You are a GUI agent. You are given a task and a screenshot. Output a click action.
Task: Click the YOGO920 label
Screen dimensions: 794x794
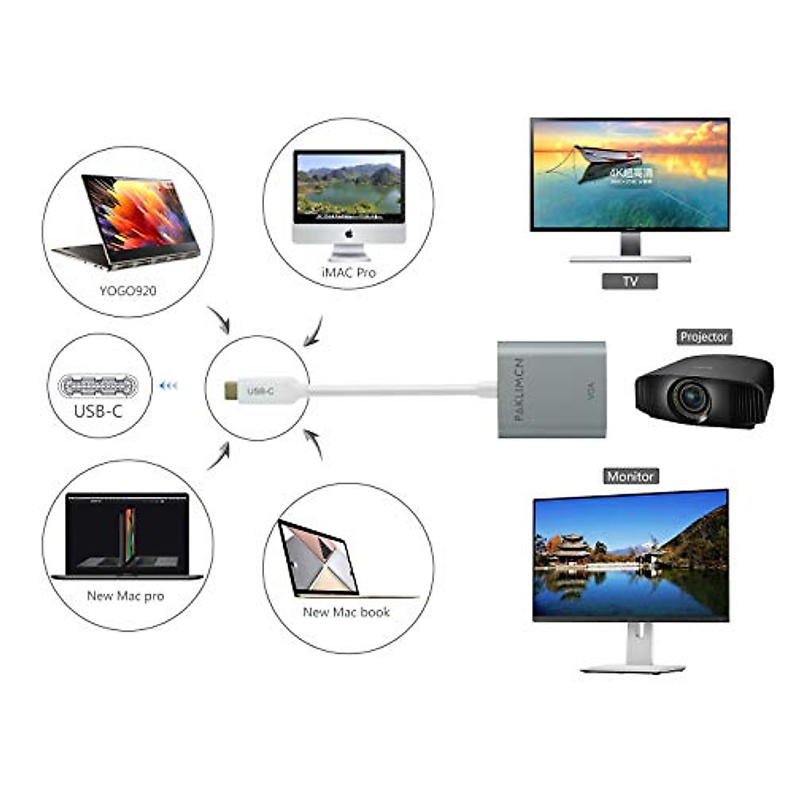tap(128, 290)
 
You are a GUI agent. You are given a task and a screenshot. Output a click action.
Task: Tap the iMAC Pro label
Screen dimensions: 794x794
tap(349, 272)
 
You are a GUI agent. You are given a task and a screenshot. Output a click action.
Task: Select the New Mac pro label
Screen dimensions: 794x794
tap(126, 596)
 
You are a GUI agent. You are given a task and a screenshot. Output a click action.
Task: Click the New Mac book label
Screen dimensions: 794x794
tap(346, 613)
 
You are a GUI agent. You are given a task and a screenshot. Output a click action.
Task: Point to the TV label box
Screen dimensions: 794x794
tap(630, 281)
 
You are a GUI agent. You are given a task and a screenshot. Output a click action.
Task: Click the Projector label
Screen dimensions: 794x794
tap(704, 337)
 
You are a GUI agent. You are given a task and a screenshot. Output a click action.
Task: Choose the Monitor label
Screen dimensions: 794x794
tap(631, 476)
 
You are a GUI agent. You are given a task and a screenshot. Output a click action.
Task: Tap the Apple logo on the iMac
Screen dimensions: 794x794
tap(349, 234)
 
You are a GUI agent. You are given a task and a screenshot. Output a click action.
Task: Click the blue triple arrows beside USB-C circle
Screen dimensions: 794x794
tap(169, 385)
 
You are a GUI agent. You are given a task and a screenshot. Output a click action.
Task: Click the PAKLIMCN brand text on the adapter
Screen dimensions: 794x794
tap(518, 390)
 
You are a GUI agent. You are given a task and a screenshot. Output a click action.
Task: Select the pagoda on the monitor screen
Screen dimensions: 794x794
tap(569, 549)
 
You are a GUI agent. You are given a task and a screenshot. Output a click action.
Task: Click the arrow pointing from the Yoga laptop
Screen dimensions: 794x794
tap(219, 320)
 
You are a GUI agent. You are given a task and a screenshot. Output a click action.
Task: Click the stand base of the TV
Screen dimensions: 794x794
tap(630, 259)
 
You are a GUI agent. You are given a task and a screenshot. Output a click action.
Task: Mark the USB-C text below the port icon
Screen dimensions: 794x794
tap(98, 412)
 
